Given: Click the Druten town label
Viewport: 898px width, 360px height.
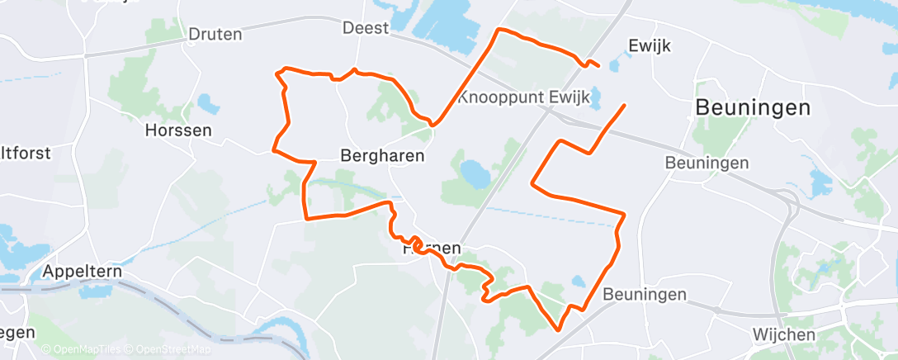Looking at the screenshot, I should tap(215, 35).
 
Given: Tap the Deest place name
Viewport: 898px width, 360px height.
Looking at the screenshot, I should tap(366, 28).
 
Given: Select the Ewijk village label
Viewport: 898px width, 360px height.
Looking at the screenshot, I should tap(650, 46).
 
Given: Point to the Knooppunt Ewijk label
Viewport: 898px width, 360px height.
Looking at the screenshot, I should tap(524, 97).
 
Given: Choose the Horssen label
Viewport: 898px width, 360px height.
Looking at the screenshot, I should tap(178, 130).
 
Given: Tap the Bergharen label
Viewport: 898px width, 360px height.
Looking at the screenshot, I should tap(382, 155).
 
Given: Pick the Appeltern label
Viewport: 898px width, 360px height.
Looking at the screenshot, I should tap(82, 272).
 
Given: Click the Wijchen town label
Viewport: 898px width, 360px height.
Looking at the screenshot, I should tap(784, 334).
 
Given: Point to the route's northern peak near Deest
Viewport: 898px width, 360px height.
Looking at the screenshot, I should tap(499, 30).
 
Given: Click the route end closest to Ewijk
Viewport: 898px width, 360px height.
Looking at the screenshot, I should tap(598, 65).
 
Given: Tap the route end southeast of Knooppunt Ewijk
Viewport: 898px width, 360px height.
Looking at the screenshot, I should tap(623, 105).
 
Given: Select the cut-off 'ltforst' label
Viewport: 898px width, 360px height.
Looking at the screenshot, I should tap(26, 154).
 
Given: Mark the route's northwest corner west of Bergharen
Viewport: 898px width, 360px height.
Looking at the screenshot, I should tap(278, 73).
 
